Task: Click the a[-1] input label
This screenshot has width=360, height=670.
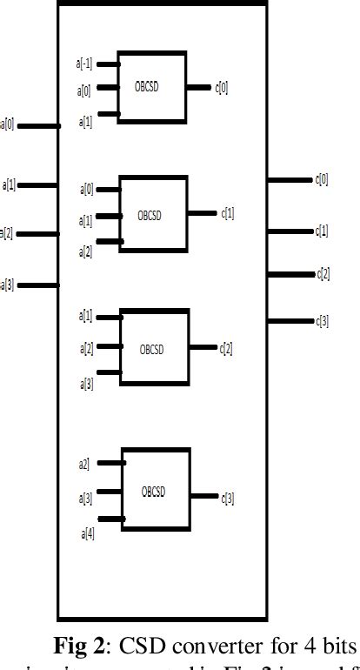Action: click(x=83, y=64)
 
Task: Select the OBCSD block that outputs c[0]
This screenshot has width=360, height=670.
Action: click(x=151, y=87)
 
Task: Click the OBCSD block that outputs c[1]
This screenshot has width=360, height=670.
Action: click(x=153, y=213)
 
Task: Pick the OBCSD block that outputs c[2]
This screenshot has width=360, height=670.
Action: click(x=154, y=347)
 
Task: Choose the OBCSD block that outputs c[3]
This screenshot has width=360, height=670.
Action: click(x=156, y=489)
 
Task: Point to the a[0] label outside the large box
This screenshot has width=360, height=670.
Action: click(x=8, y=124)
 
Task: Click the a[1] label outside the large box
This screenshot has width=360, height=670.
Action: click(x=10, y=184)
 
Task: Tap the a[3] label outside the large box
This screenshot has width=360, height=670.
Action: click(x=8, y=284)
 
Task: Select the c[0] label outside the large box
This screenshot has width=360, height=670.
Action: click(x=322, y=179)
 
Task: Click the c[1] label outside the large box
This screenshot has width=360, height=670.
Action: click(x=322, y=231)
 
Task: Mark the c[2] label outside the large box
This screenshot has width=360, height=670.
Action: click(x=323, y=273)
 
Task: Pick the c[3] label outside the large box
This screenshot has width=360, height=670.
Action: click(x=322, y=321)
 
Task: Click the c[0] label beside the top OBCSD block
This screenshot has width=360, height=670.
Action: click(x=222, y=87)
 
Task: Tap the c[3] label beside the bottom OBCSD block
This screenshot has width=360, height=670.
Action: click(x=228, y=497)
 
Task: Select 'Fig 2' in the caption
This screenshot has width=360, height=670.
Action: click(x=81, y=647)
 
